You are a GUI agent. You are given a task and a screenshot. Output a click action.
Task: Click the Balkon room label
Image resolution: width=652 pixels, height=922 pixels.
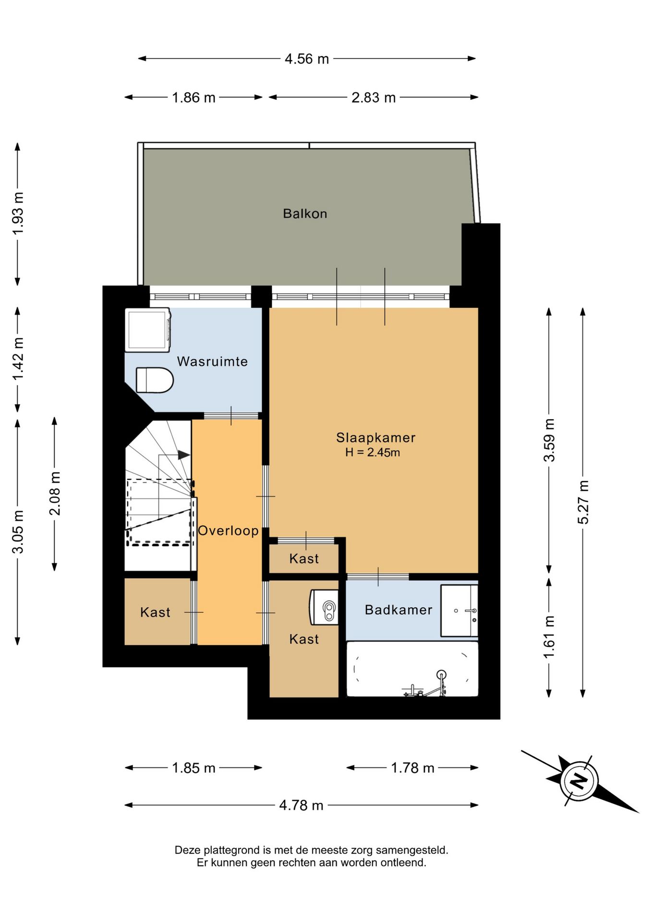tap(305, 214)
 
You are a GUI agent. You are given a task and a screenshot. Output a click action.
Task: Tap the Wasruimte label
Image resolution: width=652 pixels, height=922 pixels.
tap(212, 362)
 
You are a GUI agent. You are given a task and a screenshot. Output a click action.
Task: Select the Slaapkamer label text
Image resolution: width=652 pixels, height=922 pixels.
tap(375, 437)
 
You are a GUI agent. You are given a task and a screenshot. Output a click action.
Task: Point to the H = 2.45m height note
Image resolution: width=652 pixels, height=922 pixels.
tap(373, 452)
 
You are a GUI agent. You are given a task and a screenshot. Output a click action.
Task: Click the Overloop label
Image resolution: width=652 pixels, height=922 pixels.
tap(229, 531)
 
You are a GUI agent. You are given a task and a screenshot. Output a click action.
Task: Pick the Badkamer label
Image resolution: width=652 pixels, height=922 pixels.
tap(398, 610)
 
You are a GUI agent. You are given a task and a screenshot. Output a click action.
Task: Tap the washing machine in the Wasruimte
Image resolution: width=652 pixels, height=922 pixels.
tap(148, 330)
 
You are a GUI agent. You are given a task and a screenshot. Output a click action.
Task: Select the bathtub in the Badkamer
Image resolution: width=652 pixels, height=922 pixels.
tap(412, 669)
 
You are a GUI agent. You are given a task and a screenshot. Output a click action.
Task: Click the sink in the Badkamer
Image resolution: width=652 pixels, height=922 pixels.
tap(459, 611)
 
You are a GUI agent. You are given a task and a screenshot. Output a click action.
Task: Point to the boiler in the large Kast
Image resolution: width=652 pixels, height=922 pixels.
tap(325, 607)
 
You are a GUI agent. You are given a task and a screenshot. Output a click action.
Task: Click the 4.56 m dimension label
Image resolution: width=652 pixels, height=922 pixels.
tap(307, 59)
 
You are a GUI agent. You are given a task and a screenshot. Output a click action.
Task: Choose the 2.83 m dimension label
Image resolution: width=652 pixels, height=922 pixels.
tap(374, 97)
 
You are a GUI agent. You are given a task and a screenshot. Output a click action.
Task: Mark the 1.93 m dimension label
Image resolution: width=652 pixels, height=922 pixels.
tap(18, 214)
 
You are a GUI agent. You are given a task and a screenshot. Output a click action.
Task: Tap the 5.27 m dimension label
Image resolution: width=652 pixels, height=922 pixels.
tap(583, 502)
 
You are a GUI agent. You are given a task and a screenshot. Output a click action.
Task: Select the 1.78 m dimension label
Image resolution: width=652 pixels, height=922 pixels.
tap(412, 768)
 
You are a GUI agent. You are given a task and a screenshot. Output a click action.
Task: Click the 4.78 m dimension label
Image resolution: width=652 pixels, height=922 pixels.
tap(302, 805)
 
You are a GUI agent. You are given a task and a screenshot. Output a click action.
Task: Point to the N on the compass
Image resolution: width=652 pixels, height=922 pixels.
tap(579, 780)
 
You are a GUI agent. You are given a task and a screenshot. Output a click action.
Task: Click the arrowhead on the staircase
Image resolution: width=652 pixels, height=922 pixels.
tap(184, 455)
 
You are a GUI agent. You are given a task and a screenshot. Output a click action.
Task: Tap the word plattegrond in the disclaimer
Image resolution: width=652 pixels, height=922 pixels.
tap(229, 850)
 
